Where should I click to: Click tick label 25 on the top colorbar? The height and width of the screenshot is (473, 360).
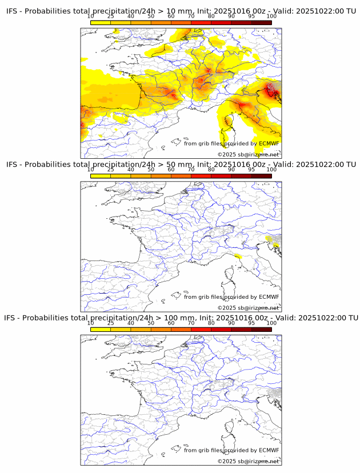coord(111,17)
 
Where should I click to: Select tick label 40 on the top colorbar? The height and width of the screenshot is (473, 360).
coord(131,17)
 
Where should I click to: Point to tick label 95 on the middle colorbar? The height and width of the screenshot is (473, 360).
coord(251,170)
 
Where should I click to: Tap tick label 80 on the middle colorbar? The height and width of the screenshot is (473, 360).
coord(211,170)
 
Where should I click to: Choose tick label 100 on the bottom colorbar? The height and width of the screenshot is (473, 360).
coord(271,323)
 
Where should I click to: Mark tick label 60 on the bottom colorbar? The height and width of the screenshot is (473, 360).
coord(171,323)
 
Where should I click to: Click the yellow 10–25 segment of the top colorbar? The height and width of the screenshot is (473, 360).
coord(101,23)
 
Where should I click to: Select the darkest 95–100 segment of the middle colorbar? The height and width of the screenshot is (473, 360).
coord(261,176)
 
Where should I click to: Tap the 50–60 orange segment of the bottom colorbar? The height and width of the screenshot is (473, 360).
coord(161,329)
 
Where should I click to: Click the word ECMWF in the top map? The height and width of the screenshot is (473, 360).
coord(269,143)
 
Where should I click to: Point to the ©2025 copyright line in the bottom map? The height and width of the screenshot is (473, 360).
coord(248,461)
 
